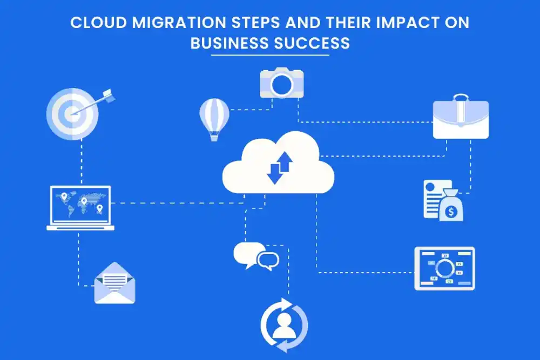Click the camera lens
pyautogui.click(x=281, y=84)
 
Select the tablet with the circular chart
pyautogui.click(x=444, y=268)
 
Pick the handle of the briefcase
pyautogui.click(x=461, y=97)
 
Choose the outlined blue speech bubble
pyautogui.click(x=268, y=261)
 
